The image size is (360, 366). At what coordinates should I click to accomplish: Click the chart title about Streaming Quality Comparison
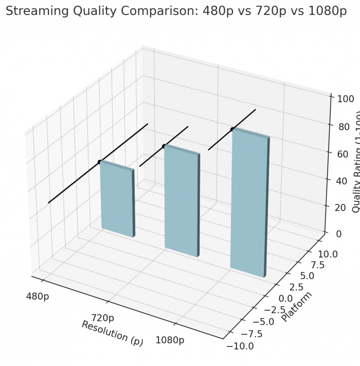pos(176,11)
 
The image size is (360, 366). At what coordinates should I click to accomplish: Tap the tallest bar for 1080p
pos(249,203)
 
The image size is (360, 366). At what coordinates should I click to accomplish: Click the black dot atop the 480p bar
pos(100,162)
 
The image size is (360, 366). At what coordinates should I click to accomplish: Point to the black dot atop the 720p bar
pos(164,147)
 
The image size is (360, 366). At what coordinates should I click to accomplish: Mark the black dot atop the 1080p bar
pos(232,129)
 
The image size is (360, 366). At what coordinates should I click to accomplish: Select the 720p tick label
pos(102,319)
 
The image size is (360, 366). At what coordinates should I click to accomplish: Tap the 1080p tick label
pos(170,341)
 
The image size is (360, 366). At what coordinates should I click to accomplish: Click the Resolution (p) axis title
pos(112,333)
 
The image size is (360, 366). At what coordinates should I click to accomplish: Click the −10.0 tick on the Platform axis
pos(240,346)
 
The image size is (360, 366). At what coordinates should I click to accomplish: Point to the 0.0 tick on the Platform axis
pos(285,299)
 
